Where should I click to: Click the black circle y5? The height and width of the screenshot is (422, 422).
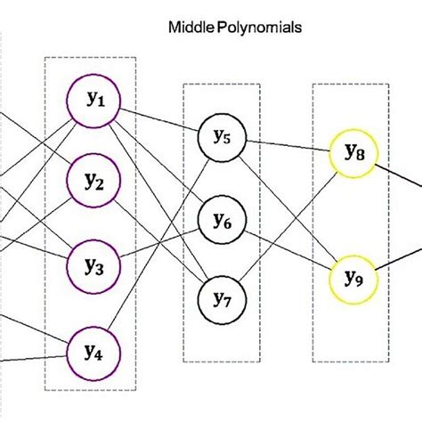point(222,136)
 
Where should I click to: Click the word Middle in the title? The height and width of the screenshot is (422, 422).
point(190,28)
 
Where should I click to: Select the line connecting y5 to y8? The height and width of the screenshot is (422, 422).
point(287,145)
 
